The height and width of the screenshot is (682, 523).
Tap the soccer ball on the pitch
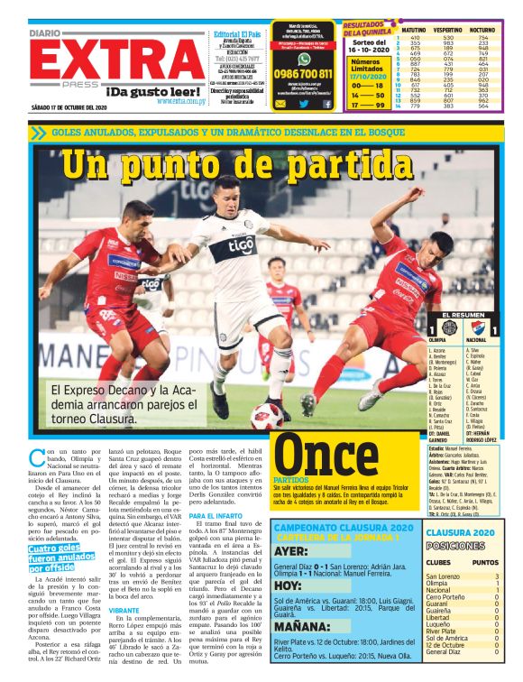(268, 416)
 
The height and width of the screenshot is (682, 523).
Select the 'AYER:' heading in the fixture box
(293, 550)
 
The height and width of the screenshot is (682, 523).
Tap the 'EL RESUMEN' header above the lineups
(467, 315)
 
